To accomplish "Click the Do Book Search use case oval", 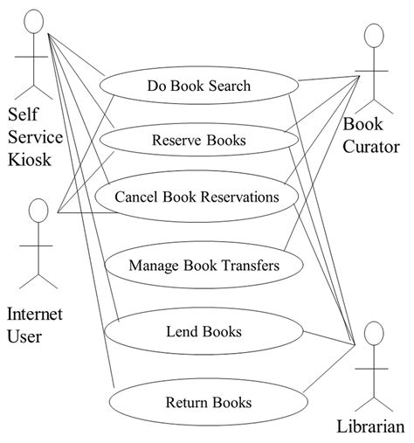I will tap(199, 86).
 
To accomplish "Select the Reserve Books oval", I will tap(198, 140).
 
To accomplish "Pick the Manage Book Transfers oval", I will tap(204, 265).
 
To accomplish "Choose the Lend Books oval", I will tap(204, 331).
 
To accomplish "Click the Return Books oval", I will tap(208, 402).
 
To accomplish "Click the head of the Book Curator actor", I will tap(374, 36).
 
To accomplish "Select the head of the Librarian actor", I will tap(374, 333).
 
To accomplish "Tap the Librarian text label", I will tap(370, 426).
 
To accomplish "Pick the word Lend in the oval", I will tap(181, 331).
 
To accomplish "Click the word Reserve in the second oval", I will tap(177, 140).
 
